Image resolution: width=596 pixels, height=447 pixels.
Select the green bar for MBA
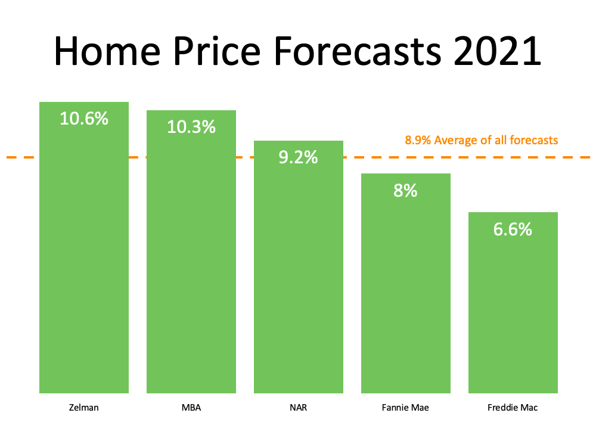click(x=191, y=268)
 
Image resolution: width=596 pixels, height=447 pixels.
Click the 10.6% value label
click(x=84, y=119)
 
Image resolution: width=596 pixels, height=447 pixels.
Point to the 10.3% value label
click(x=191, y=127)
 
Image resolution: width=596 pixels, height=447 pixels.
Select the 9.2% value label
click(x=299, y=158)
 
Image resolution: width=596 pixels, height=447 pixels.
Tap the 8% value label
click(x=406, y=191)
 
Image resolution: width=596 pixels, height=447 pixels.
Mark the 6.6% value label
click(x=513, y=229)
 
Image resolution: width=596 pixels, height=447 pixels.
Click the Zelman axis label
click(x=84, y=408)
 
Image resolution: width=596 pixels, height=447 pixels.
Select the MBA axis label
click(x=191, y=408)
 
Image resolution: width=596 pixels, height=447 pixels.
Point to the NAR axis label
click(x=299, y=408)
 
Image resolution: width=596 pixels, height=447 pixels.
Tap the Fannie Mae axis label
click(x=406, y=408)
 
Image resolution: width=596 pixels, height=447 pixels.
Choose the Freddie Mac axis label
click(x=513, y=408)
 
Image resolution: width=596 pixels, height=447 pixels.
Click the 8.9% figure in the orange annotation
click(x=418, y=141)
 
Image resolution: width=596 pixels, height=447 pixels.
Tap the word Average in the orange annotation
click(x=455, y=141)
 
